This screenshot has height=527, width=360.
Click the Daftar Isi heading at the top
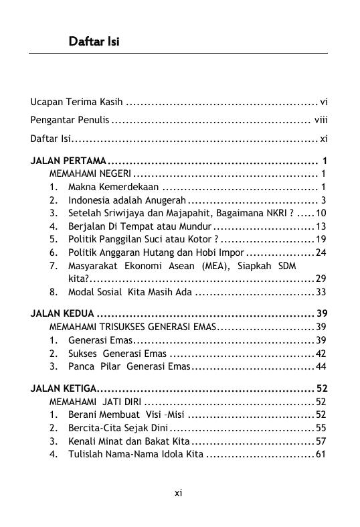[94, 42]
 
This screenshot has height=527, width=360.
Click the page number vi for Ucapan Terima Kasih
[323, 102]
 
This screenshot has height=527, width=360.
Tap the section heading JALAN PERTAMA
[68, 161]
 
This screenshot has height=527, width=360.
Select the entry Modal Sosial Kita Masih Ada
[130, 292]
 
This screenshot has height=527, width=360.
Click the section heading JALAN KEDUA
[62, 314]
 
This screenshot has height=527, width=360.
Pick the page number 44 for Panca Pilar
[321, 366]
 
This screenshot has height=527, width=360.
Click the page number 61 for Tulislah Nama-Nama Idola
[321, 455]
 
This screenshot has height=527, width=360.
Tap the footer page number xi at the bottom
[179, 494]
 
